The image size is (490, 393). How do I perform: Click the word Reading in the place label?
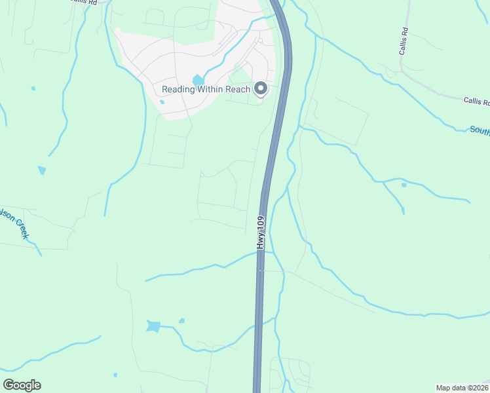pyautogui.click(x=178, y=89)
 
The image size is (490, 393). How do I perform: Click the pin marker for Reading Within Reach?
pyautogui.click(x=261, y=88)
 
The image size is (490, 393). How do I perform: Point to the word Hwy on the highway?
pyautogui.click(x=261, y=242)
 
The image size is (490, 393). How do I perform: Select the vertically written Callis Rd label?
pyautogui.click(x=405, y=41)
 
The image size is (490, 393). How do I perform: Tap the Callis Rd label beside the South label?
pyautogui.click(x=476, y=100)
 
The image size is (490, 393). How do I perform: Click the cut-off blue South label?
pyautogui.click(x=480, y=130)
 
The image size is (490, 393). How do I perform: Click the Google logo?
pyautogui.click(x=22, y=385)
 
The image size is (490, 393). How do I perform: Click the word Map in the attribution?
pyautogui.click(x=445, y=387)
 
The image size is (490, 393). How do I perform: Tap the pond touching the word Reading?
pyautogui.click(x=198, y=81)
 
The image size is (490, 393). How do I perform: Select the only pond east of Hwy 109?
pyautogui.click(x=404, y=185)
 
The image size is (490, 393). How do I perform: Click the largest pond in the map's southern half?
pyautogui.click(x=153, y=326)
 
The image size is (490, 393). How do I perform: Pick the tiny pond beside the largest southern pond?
pyautogui.click(x=181, y=321)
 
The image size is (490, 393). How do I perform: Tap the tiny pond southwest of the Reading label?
pyautogui.click(x=162, y=102)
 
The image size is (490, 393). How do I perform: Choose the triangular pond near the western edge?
pyautogui.click(x=43, y=170)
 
